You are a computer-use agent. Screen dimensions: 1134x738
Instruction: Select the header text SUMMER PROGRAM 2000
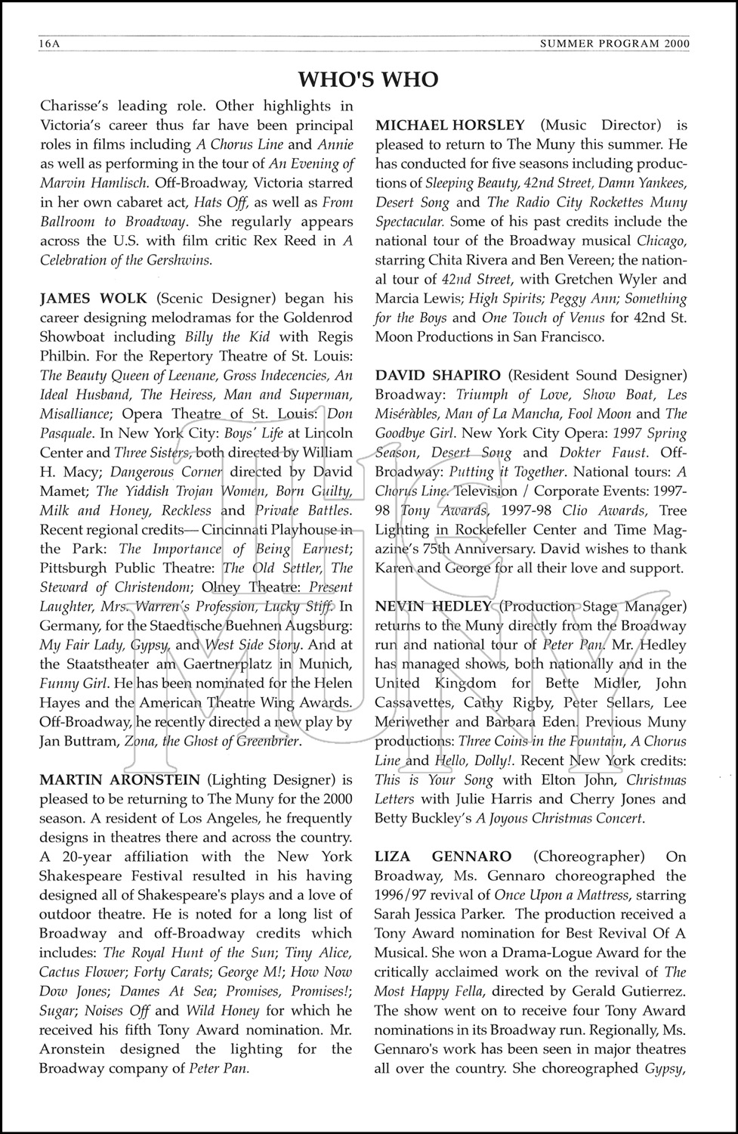pyautogui.click(x=615, y=45)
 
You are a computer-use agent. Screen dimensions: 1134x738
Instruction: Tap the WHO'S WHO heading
pyautogui.click(x=368, y=79)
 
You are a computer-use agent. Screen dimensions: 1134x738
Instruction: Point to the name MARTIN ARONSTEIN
pyautogui.click(x=120, y=779)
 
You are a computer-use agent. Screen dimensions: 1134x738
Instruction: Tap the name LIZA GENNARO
pyautogui.click(x=443, y=857)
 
